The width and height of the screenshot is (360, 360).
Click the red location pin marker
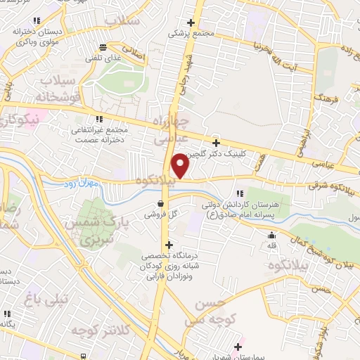[x=181, y=166]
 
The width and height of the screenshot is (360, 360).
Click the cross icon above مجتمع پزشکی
[x=191, y=23]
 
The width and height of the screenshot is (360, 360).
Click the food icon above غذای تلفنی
[x=103, y=48]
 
